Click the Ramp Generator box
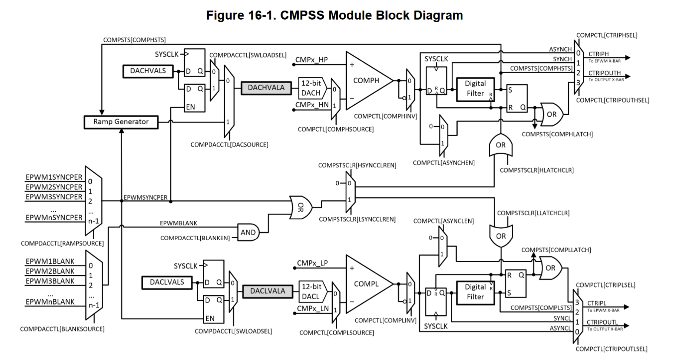point(121,122)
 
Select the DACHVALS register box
point(148,71)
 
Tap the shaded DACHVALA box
point(266,88)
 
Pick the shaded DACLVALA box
point(268,291)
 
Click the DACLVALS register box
point(167,282)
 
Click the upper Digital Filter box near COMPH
point(476,89)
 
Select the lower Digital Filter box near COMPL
point(476,293)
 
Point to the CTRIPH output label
point(598,54)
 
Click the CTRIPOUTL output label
point(602,322)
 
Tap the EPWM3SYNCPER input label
point(54,197)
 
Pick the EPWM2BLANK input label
point(50,271)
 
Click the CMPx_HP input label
point(312,60)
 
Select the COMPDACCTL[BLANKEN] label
point(195,238)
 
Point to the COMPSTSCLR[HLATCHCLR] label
point(536,170)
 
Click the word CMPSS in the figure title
point(302,15)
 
